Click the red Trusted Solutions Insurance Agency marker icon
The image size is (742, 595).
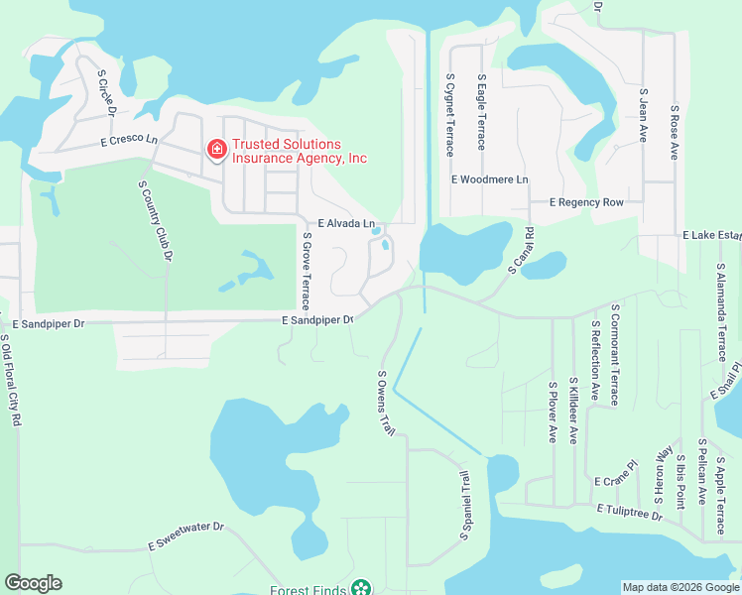point(215,150)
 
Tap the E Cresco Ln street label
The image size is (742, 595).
point(129,141)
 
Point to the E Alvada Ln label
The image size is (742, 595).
point(346,224)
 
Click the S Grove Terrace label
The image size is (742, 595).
point(307,270)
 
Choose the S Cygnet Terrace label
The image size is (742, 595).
point(449,114)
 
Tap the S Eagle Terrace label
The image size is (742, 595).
point(481,111)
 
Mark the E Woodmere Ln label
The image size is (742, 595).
point(490,180)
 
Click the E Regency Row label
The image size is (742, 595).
point(587,202)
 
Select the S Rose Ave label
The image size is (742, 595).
point(674,132)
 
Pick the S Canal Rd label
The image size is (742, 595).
point(522,251)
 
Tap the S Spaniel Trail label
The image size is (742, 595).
point(463,506)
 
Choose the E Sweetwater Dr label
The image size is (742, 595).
point(186,536)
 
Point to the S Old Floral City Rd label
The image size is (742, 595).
point(10,381)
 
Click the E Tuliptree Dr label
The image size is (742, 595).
point(629,511)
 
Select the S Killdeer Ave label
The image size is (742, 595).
point(573,410)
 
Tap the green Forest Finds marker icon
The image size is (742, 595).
point(361,589)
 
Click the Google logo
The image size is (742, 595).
point(33,583)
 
